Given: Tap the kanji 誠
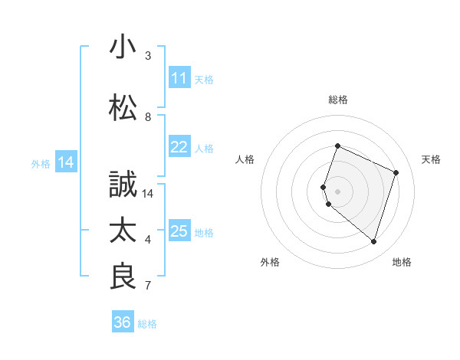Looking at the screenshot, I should pos(123,185).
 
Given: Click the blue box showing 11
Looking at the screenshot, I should pos(179,78).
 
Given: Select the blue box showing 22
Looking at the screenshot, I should pos(179,147).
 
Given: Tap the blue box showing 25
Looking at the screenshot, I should pos(179,231).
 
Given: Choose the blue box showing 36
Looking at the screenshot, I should pos(123,322).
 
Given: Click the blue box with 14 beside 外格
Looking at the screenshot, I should pos(66,162).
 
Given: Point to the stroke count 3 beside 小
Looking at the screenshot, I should pos(148,56).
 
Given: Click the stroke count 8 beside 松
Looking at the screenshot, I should pos(148,117).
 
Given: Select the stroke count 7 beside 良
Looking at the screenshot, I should pos(148,286).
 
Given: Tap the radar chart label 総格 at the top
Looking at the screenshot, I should pos(338,100).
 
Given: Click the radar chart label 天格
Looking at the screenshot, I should pos(431,159).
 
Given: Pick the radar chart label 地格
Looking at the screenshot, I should pos(402,263).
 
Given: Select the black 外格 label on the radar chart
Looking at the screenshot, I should pos(270,263).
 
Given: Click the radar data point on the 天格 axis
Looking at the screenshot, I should pos(396,172).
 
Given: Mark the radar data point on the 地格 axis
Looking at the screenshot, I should pos(373,242).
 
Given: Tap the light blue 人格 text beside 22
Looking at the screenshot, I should pos(204,148).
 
